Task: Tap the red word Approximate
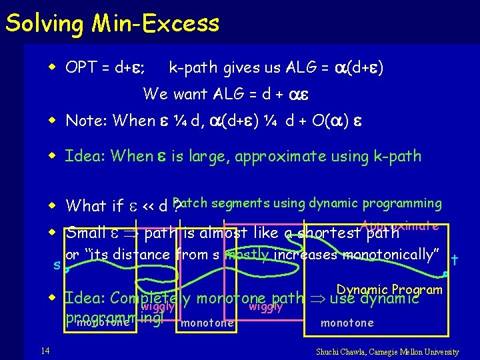[x=400, y=225]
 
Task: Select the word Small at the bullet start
[x=86, y=233]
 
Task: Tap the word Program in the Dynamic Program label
[x=419, y=289]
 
